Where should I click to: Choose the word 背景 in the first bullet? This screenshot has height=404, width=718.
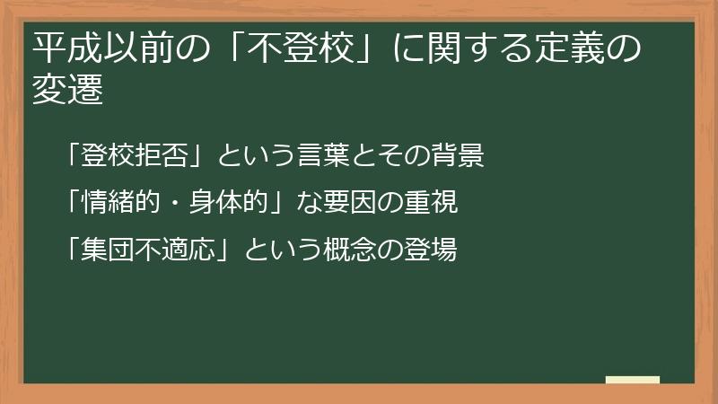(460, 155)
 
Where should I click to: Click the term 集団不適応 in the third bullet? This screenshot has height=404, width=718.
(150, 249)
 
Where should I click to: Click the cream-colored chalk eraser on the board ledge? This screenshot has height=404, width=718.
(632, 380)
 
